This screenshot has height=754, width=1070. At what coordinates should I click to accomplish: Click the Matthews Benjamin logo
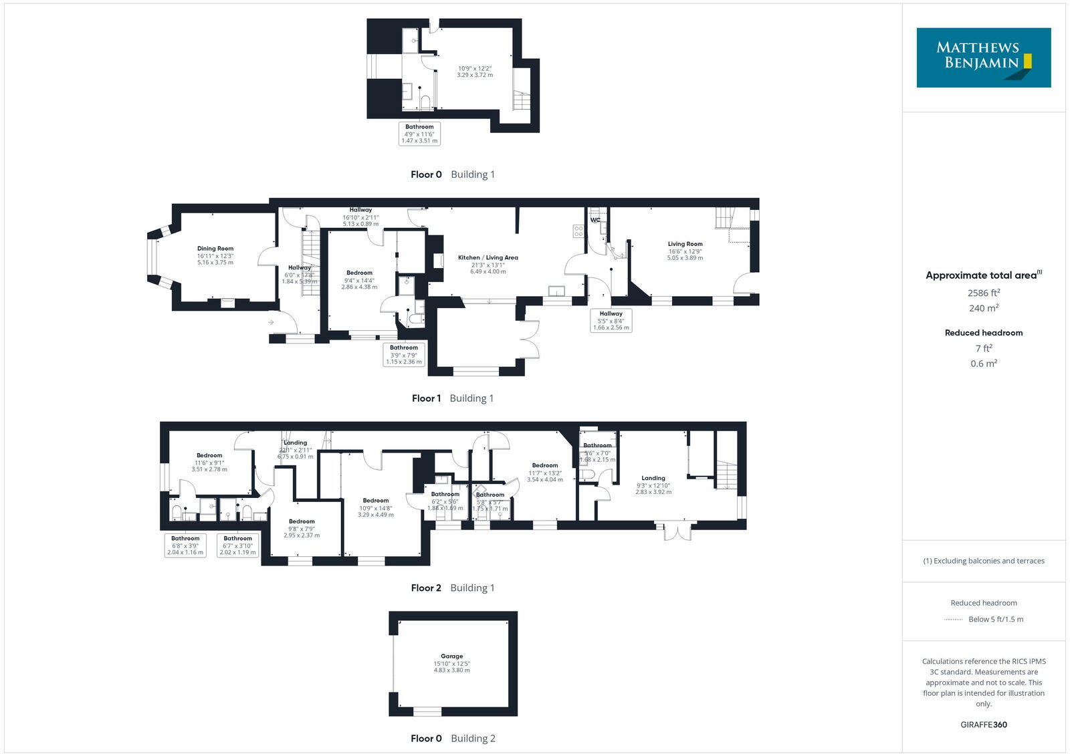point(983,57)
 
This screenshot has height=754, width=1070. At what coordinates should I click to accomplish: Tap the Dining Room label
point(215,249)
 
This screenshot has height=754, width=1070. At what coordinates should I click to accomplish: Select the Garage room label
point(451,656)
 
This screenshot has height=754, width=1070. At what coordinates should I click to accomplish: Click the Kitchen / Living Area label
point(488,257)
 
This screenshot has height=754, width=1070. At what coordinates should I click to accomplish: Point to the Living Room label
point(685,244)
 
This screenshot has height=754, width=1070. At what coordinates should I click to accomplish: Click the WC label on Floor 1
point(595,220)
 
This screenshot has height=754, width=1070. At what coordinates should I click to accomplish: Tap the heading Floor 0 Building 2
point(453,738)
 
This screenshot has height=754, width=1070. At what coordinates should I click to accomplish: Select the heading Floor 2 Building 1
point(453,588)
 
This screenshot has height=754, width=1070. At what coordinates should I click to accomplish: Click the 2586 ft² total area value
point(983,293)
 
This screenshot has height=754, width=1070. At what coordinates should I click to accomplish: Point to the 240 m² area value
point(983,308)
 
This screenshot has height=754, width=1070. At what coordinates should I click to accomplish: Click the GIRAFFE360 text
point(983,725)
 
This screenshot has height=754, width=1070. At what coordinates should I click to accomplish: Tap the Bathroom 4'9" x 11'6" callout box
point(419,134)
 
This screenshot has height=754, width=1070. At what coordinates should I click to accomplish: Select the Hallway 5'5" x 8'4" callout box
point(611,320)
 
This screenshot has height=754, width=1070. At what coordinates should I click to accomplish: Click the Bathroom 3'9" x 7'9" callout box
point(404,354)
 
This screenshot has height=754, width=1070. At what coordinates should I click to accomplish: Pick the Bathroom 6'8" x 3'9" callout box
point(185,545)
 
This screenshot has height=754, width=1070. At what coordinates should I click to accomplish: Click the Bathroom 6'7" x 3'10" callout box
point(237,545)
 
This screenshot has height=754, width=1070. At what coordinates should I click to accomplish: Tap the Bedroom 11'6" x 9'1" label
point(209,456)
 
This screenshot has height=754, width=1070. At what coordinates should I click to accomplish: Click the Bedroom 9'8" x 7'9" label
point(302,521)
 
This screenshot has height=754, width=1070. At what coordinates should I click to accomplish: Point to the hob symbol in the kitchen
point(578,231)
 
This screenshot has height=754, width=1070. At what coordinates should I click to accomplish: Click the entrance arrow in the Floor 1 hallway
point(271,322)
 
